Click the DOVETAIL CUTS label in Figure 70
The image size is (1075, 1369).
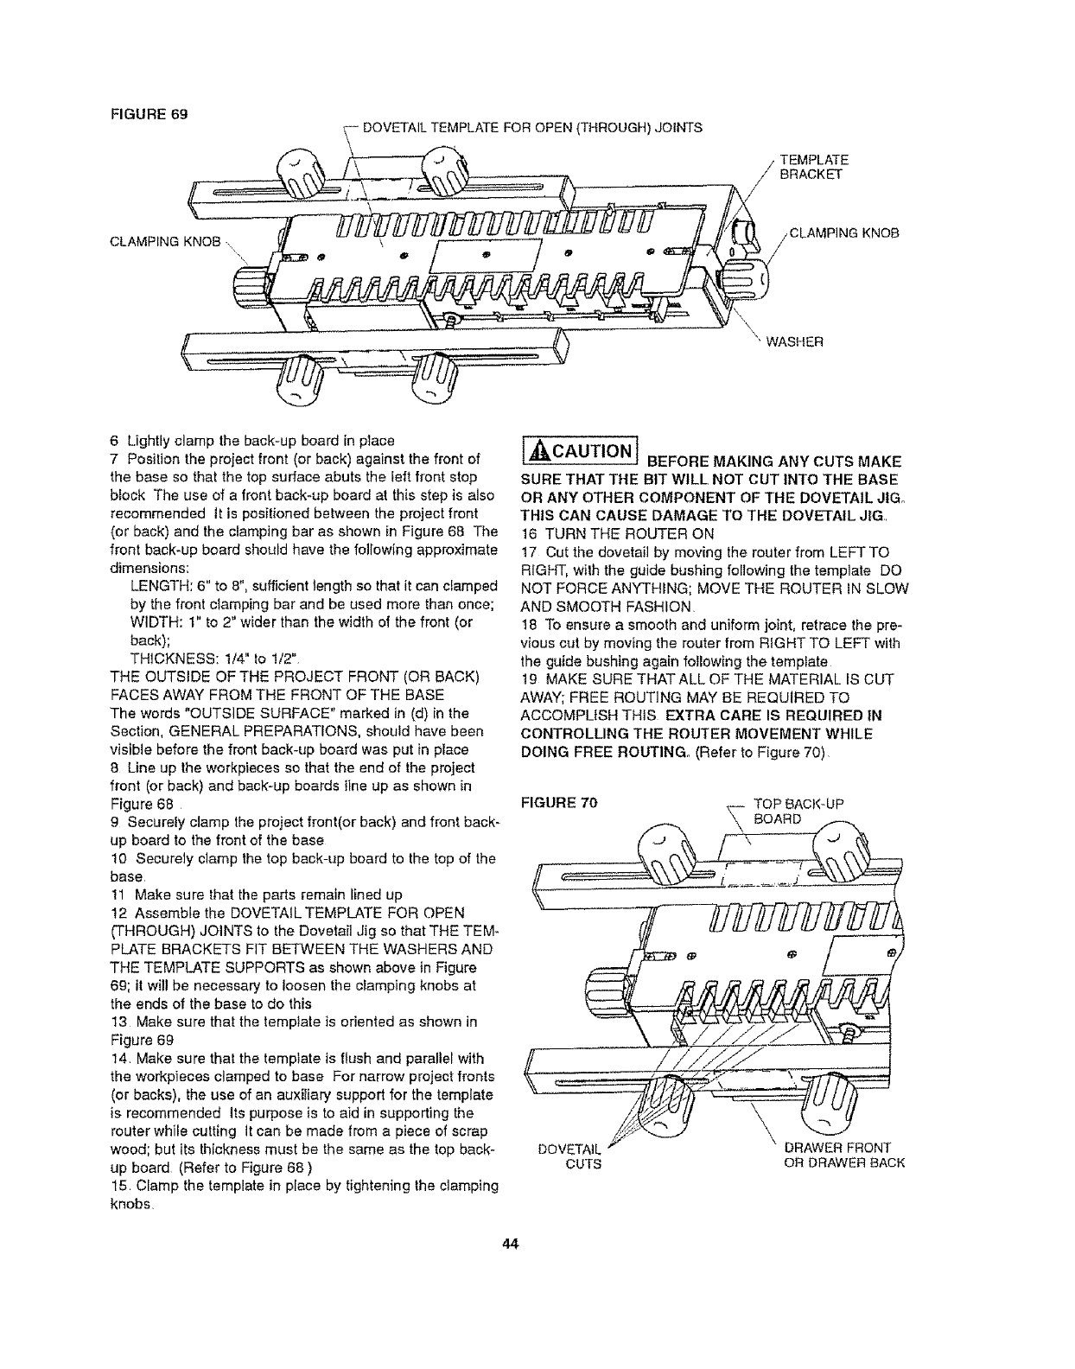569,1155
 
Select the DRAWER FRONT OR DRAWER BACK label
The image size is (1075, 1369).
843,1155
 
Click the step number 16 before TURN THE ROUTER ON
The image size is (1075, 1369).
528,534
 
